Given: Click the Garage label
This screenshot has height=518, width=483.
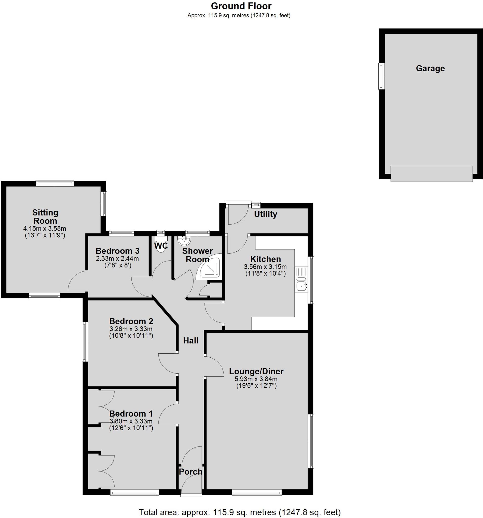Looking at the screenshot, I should click(430, 69).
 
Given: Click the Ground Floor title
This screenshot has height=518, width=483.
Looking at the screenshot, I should click(241, 6).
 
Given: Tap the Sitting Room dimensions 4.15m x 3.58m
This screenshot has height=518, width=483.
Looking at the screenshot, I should click(45, 228).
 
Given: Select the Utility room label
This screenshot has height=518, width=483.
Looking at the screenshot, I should click(265, 214).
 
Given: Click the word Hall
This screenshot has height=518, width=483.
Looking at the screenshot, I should click(191, 340).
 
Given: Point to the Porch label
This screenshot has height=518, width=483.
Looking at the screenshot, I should click(191, 472).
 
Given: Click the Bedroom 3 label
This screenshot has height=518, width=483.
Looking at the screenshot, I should click(118, 251).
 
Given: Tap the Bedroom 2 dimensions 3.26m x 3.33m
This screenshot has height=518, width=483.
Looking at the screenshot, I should click(131, 329).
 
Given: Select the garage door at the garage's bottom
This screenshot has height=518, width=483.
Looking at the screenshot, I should click(431, 174).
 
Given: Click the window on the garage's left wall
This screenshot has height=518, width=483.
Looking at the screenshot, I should click(381, 76).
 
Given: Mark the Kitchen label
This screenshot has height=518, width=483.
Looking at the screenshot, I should click(265, 259).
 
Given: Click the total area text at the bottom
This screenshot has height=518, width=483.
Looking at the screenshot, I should click(240, 512).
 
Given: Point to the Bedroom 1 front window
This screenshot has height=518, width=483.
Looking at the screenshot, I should click(134, 492).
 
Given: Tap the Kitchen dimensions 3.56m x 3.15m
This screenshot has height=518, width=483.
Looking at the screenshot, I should click(265, 267).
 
